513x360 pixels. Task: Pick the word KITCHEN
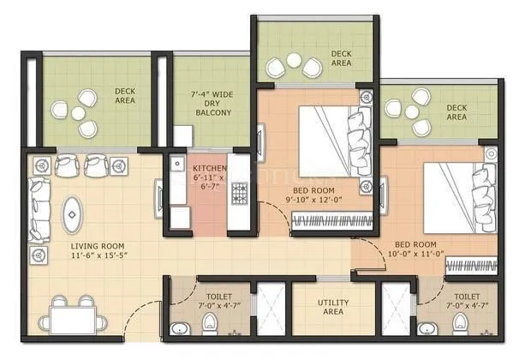point(211,167)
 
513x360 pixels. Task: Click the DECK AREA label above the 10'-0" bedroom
point(456,111)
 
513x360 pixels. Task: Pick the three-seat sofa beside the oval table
point(39,208)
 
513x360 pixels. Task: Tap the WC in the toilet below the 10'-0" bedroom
point(462,322)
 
